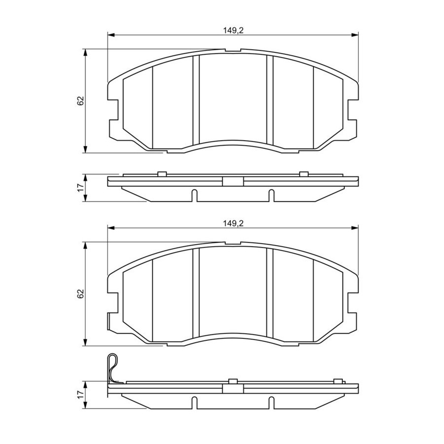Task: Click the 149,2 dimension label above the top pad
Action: coord(233,31)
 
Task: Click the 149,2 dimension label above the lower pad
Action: coord(233,223)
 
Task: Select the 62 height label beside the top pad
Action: coord(80,101)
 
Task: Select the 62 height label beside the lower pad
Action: coord(80,294)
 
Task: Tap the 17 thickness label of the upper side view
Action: coord(80,187)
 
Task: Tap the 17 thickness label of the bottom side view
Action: coord(80,395)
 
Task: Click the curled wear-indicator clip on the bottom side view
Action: coord(113,368)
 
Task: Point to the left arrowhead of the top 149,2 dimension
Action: coord(111,35)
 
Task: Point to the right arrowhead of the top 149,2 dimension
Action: coord(355,35)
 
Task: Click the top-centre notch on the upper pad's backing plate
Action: coord(233,50)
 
